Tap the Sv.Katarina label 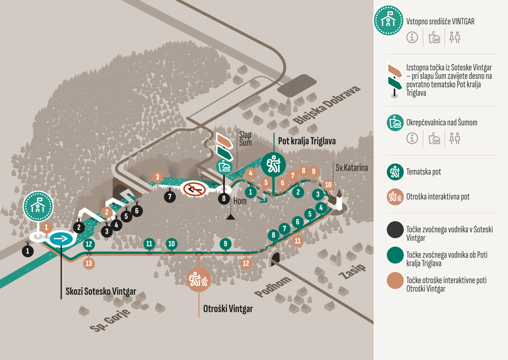click(x=352, y=168)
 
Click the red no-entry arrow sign click(x=194, y=189)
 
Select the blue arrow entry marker click(x=61, y=239)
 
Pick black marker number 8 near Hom click(x=224, y=198)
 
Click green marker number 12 click(x=89, y=244)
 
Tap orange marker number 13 click(x=89, y=263)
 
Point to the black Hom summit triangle click(x=230, y=217)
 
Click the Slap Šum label click(x=245, y=138)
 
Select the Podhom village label click(x=273, y=286)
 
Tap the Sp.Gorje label click(x=110, y=320)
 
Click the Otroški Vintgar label click(x=228, y=309)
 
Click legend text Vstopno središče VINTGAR click(x=440, y=21)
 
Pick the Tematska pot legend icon click(x=395, y=172)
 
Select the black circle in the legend click(x=395, y=230)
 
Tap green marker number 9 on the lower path click(x=225, y=244)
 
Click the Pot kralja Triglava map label click(x=307, y=141)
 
